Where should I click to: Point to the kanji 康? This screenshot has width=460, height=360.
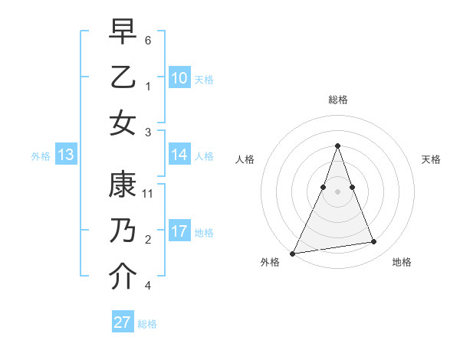tap(123, 186)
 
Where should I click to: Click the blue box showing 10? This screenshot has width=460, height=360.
tap(179, 78)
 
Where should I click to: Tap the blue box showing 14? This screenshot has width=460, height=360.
tap(179, 155)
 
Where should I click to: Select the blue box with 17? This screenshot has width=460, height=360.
tap(179, 231)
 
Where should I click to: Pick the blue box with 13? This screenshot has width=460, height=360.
tap(65, 155)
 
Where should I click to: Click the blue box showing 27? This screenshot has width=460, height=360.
tap(122, 322)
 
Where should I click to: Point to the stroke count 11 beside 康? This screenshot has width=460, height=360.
tap(148, 194)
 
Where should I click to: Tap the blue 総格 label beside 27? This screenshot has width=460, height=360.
tap(147, 323)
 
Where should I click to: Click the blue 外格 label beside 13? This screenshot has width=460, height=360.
tap(41, 155)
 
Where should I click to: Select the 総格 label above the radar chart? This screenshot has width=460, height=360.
tap(337, 100)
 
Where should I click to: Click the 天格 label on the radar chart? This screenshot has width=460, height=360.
tap(431, 159)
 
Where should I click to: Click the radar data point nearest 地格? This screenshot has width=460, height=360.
tap(374, 242)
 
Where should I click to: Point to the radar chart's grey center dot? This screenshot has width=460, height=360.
tap(337, 191)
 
